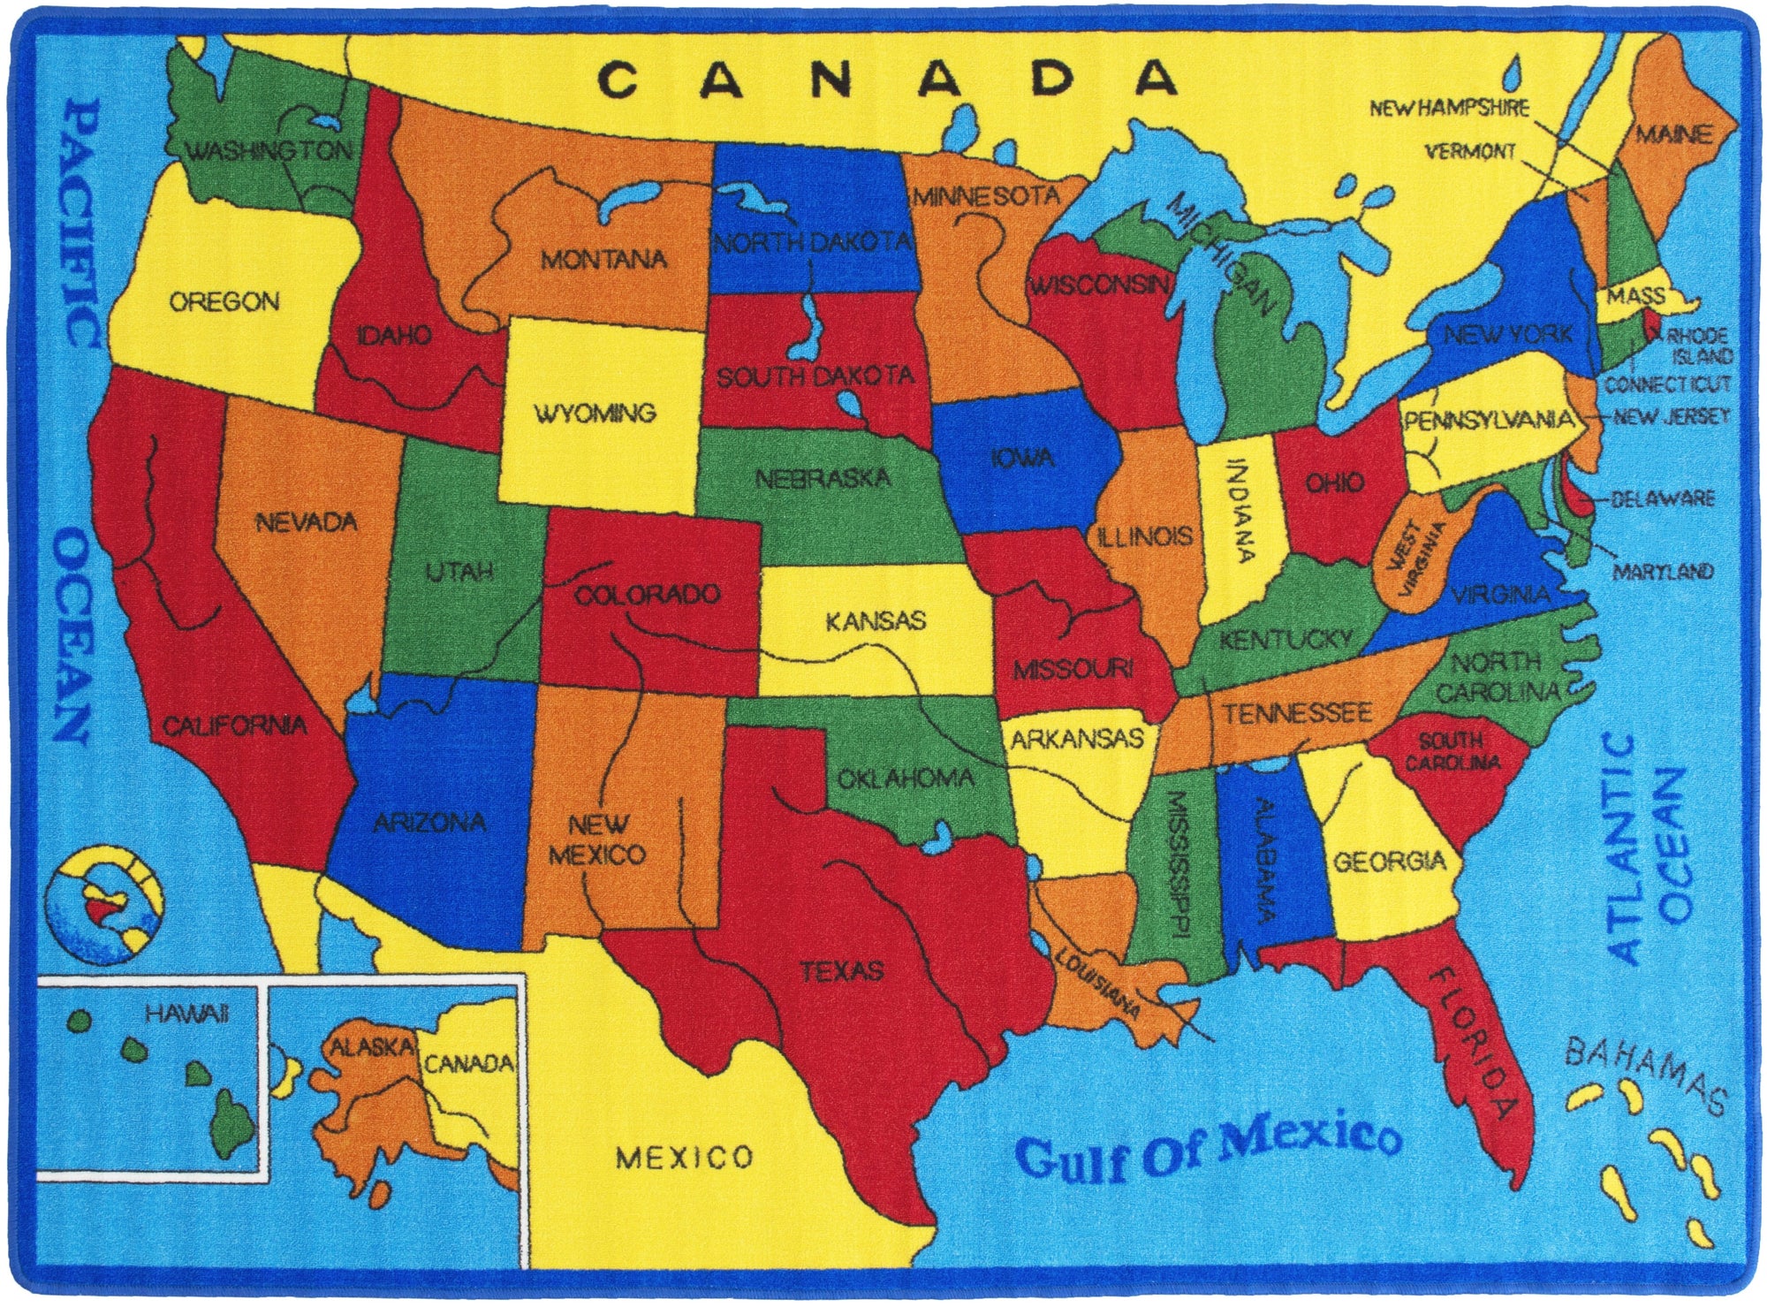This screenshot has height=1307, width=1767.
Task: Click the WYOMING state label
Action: tap(595, 414)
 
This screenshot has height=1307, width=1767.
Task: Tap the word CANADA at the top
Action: tap(887, 80)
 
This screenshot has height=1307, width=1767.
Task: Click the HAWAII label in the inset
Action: tap(187, 1014)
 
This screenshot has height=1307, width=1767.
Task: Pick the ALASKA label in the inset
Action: tap(371, 1048)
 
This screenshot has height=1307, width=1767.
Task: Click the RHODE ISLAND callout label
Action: tap(1700, 346)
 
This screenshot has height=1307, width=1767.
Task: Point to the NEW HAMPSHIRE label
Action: tap(1449, 109)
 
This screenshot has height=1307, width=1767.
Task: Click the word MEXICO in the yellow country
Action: tap(685, 1157)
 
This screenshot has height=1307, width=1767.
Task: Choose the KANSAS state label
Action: tap(876, 621)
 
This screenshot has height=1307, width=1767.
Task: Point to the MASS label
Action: tap(1635, 296)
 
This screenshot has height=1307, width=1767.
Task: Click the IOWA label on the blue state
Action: tap(1022, 458)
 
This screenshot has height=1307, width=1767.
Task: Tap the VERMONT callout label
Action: tap(1470, 152)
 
